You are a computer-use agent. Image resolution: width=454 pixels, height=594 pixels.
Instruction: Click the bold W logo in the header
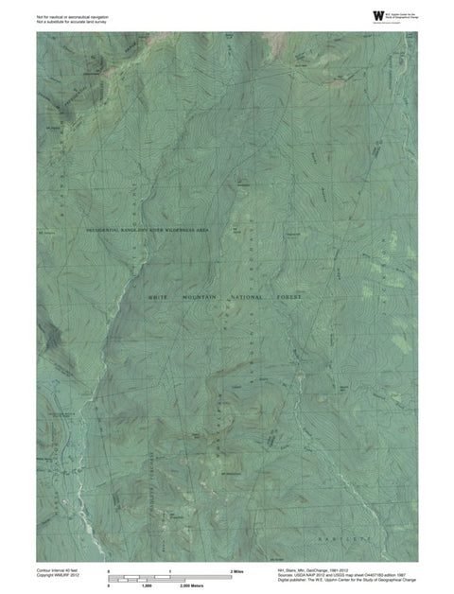point(352,14)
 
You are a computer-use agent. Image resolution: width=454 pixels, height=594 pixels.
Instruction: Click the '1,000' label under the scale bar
point(147,586)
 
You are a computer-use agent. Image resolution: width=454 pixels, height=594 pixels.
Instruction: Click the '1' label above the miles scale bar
point(170,572)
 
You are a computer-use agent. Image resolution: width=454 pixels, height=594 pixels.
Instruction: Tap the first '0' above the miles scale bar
point(110,572)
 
